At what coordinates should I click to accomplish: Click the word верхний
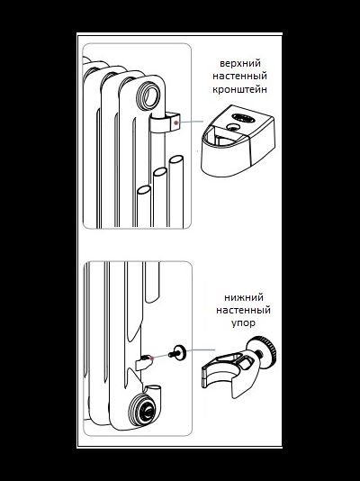pyautogui.click(x=240, y=64)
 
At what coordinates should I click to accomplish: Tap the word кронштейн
pyautogui.click(x=239, y=89)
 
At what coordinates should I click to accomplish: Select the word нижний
pyautogui.click(x=244, y=297)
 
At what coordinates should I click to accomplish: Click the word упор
pyautogui.click(x=243, y=323)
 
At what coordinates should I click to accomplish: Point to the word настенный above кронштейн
pyautogui.click(x=239, y=76)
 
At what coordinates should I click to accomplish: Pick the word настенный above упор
pyautogui.click(x=243, y=310)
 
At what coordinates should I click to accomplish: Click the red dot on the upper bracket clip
pyautogui.click(x=175, y=123)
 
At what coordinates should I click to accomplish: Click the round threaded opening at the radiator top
pyautogui.click(x=148, y=95)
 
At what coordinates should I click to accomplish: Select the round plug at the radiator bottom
pyautogui.click(x=142, y=410)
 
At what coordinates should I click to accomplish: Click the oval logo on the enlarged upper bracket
pyautogui.click(x=243, y=117)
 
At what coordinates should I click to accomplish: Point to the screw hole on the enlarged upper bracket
pyautogui.click(x=233, y=127)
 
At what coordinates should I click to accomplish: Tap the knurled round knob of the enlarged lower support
pyautogui.click(x=264, y=350)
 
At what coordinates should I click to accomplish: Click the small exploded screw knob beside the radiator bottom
pyautogui.click(x=176, y=352)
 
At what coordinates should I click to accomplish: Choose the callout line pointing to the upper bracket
pyautogui.click(x=191, y=122)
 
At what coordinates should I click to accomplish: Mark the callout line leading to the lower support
pyautogui.click(x=201, y=349)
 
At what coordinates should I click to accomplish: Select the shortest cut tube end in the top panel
pyautogui.click(x=144, y=190)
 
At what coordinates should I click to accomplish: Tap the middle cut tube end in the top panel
pyautogui.click(x=160, y=171)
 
